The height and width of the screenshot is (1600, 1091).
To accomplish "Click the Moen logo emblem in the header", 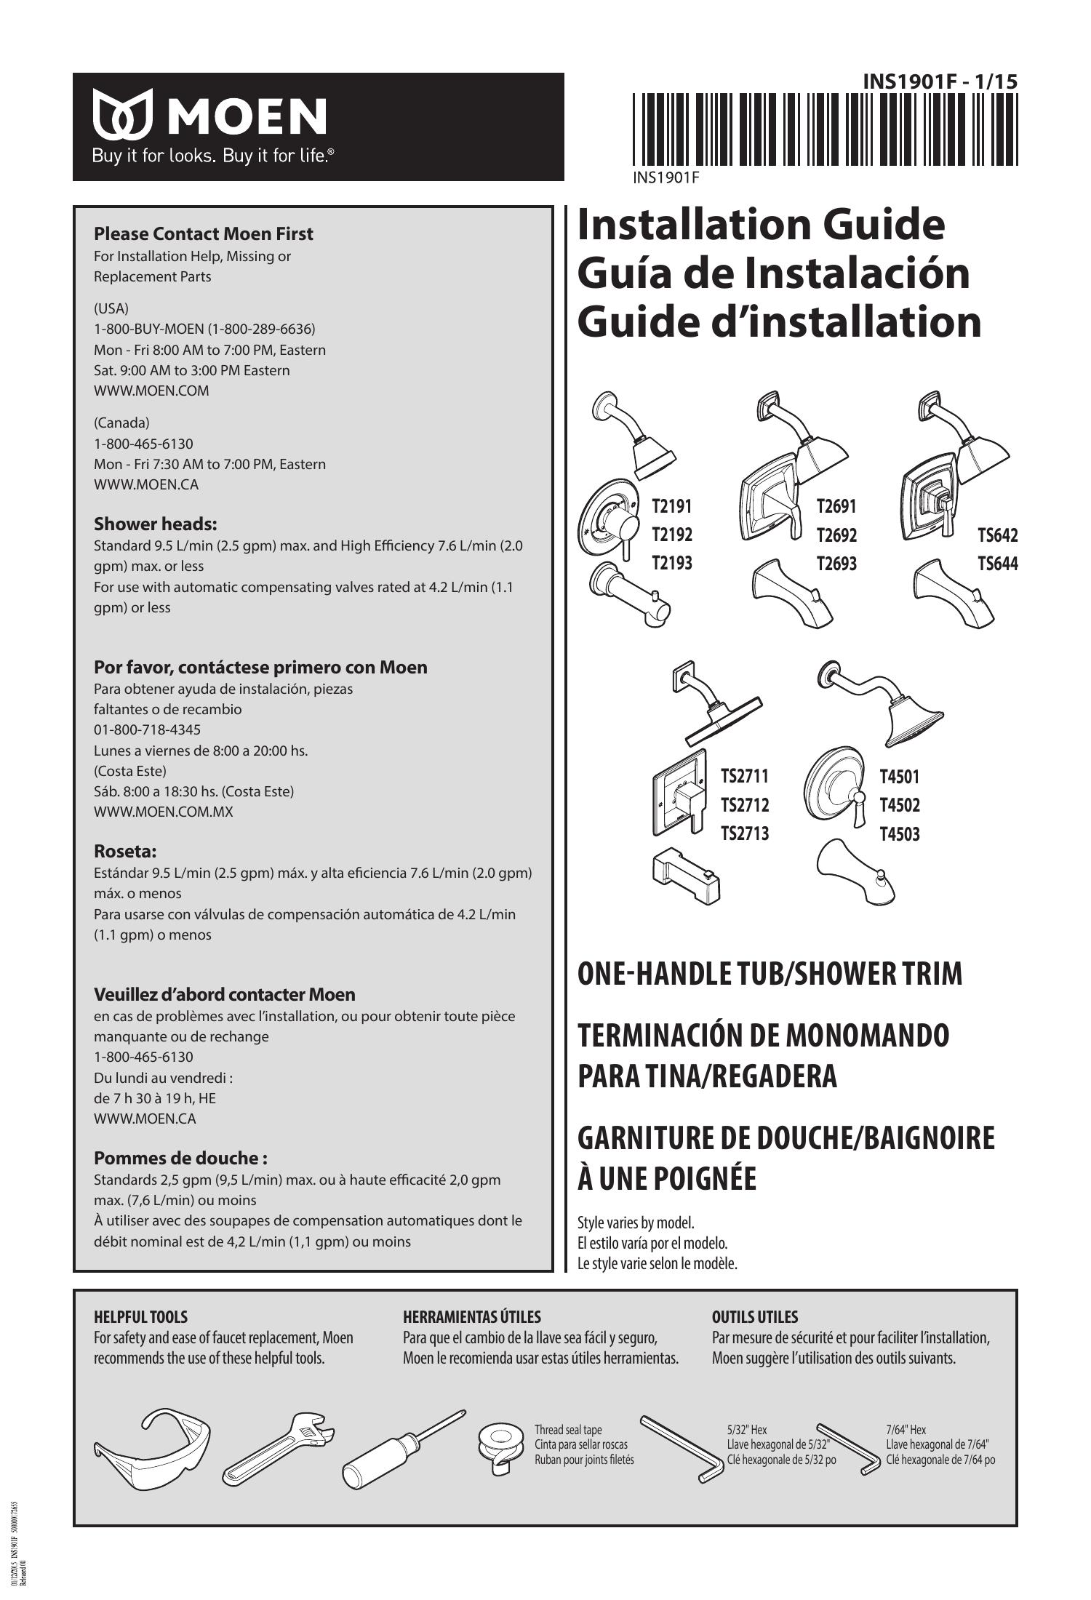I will pyautogui.click(x=123, y=113).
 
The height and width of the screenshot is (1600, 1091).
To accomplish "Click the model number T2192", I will pyautogui.click(x=671, y=535).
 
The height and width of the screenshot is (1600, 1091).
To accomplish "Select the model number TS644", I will pyautogui.click(x=997, y=564).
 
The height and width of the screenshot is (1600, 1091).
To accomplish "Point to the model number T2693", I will pyautogui.click(x=836, y=564).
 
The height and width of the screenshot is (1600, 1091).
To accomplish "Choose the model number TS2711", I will pyautogui.click(x=744, y=777).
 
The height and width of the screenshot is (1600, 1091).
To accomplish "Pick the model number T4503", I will pyautogui.click(x=900, y=834).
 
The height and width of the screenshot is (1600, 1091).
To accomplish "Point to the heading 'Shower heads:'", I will pyautogui.click(x=156, y=524).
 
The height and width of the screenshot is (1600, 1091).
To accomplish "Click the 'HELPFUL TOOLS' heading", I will pyautogui.click(x=140, y=1317).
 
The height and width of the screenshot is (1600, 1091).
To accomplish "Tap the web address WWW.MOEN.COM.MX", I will pyautogui.click(x=164, y=812).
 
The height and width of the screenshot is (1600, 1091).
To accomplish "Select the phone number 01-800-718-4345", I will pyautogui.click(x=147, y=729).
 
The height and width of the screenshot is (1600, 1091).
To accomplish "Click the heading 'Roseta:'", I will pyautogui.click(x=125, y=851).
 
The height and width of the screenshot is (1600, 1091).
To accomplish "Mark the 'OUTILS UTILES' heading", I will pyautogui.click(x=754, y=1317).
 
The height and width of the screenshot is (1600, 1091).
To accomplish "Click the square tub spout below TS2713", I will pyautogui.click(x=687, y=876).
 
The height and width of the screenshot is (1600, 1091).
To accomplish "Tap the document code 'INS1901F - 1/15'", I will pyautogui.click(x=940, y=82).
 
